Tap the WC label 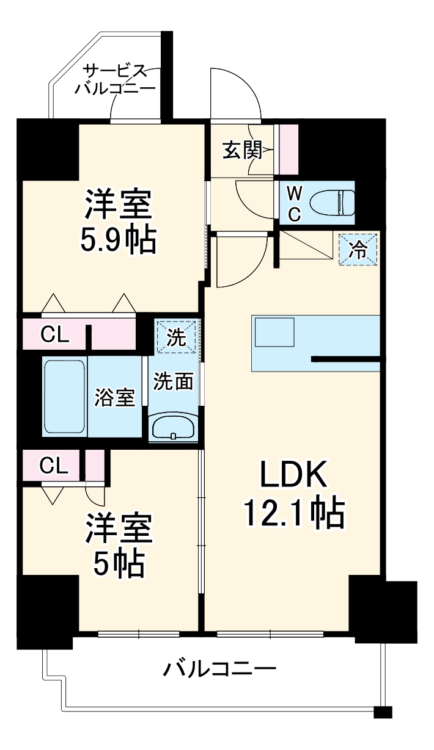(294, 204)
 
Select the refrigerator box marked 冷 (359, 250)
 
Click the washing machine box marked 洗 (177, 337)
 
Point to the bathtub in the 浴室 (64, 396)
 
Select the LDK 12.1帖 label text (295, 494)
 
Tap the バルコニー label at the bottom (219, 670)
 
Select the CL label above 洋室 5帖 (54, 466)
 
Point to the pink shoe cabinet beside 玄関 (289, 150)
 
